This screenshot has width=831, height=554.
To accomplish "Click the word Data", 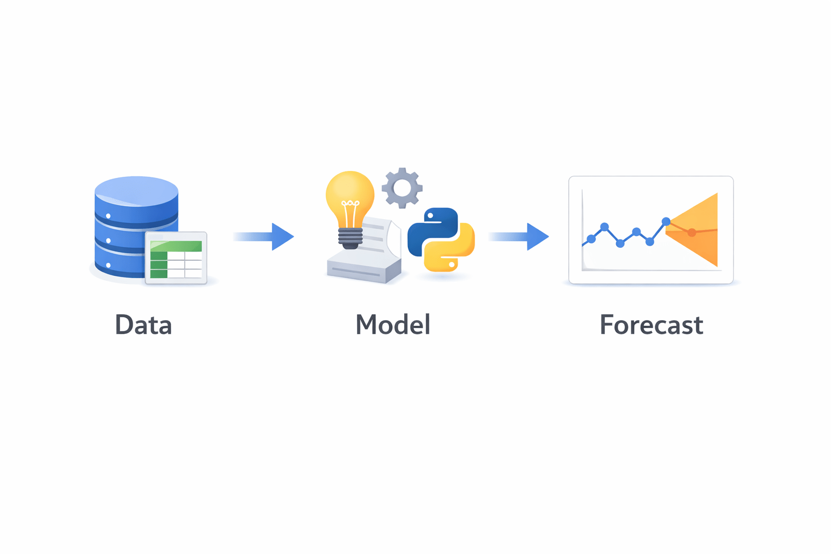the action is tap(143, 325).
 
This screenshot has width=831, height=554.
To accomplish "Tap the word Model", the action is tap(393, 325).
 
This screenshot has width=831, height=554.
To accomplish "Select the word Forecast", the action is tap(651, 325).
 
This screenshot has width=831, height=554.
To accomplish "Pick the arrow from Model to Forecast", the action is tap(519, 236).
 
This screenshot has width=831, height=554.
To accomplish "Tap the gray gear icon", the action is tap(402, 188).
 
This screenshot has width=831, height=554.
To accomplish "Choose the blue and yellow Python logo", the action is tap(441, 239).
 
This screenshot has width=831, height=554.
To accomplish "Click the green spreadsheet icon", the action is tap(176, 258).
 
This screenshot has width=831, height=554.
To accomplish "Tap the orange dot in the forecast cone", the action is tap(691, 233).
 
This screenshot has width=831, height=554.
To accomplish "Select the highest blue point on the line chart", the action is tap(666, 221).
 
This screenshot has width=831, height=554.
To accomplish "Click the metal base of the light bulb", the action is tap(350, 238).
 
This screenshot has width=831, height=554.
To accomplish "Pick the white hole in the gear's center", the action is tap(402, 188).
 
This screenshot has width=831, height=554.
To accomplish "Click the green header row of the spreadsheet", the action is tap(176, 246).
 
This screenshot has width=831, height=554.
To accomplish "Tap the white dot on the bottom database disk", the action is tap(108, 265).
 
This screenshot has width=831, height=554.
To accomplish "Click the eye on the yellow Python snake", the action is tap(452, 264).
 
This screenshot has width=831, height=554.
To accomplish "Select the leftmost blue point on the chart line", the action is tap(591, 239).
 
